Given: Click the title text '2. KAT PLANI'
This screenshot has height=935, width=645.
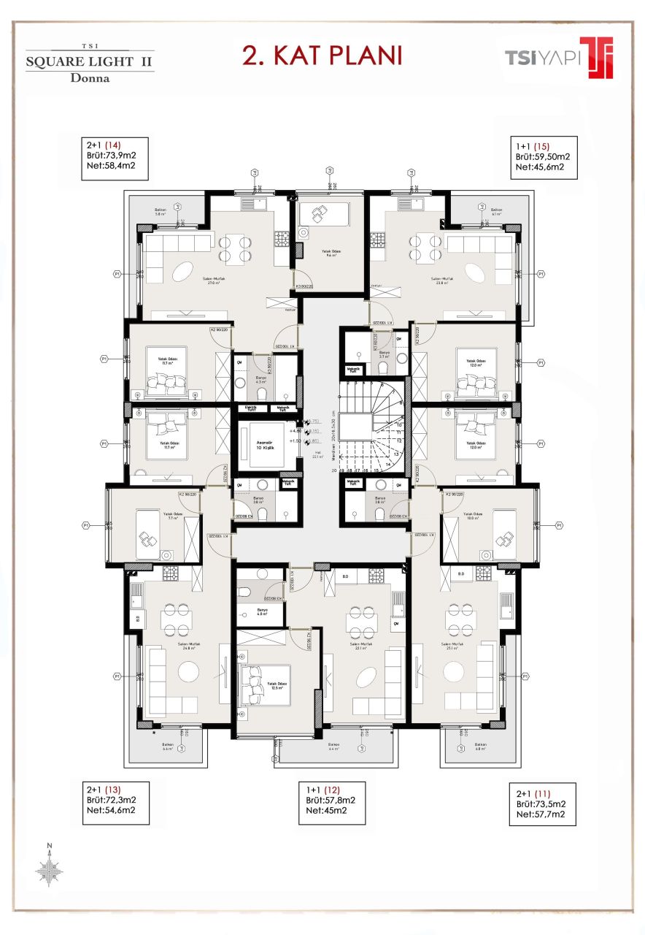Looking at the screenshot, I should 322,56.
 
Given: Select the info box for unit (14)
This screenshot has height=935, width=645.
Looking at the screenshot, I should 116,159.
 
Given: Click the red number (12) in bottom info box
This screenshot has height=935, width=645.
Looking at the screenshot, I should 333,790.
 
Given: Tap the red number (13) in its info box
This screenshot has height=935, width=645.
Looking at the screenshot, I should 113,790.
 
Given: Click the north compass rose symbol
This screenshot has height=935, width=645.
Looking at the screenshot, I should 49,869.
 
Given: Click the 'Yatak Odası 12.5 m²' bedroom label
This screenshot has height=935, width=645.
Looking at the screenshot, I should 276,684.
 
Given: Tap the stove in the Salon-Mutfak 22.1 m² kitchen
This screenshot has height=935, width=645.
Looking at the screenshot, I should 376,574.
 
